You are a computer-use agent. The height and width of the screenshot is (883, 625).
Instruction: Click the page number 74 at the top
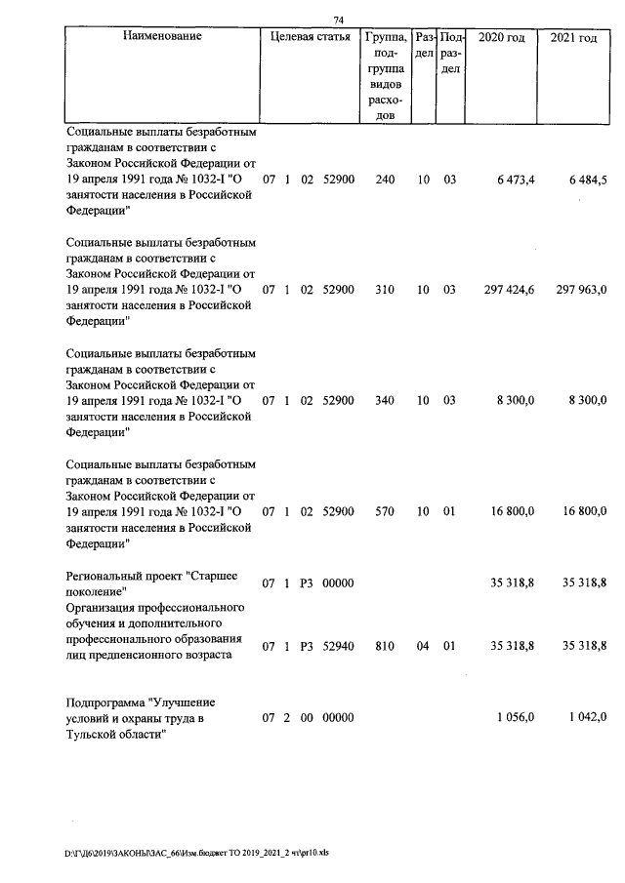(x=339, y=19)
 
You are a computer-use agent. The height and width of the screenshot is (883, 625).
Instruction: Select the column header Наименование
(x=162, y=37)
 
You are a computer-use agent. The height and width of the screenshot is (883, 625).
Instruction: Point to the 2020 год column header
(x=504, y=37)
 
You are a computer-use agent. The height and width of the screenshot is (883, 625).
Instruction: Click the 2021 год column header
(x=574, y=37)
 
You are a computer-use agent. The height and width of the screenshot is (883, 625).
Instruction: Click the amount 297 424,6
(x=509, y=290)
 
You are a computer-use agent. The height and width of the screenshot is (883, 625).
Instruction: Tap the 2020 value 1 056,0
(x=515, y=718)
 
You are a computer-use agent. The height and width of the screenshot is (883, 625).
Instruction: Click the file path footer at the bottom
(x=197, y=852)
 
